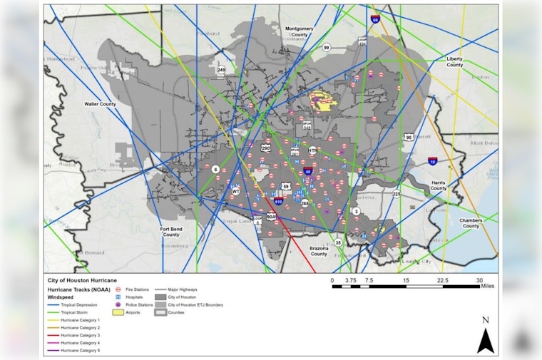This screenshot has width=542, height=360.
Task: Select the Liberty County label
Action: tap(454, 61)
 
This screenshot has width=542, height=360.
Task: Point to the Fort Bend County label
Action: tap(171, 232)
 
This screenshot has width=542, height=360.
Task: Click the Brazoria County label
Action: tap(318, 250)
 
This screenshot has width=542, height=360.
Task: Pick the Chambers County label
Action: tap(470, 223)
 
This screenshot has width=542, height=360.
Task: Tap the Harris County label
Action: tap(439, 186)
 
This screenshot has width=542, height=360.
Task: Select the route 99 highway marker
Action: tap(326, 47)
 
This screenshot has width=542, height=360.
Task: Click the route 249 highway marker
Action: tap(221, 70)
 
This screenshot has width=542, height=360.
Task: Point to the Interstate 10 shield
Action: tap(433, 162)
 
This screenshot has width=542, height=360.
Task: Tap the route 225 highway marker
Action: tap(396, 194)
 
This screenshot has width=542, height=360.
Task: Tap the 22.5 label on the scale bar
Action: tap(442, 280)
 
